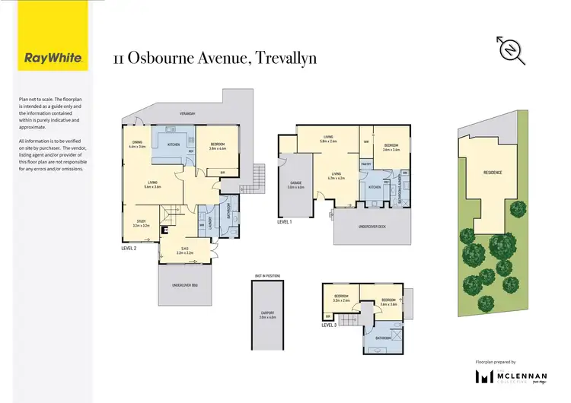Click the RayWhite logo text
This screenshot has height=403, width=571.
[x=47, y=58]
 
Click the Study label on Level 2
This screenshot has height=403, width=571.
[x=140, y=222]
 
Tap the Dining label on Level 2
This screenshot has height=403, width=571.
[x=136, y=142]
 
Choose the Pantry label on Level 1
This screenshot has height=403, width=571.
[x=365, y=163]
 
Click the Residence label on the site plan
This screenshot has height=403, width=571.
[x=493, y=172]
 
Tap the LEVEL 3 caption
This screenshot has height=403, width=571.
[x=329, y=325]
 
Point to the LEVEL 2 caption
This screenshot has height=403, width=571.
[x=129, y=248]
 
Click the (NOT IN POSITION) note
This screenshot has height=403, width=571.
[x=266, y=275]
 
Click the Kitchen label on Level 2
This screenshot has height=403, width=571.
[x=173, y=142]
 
